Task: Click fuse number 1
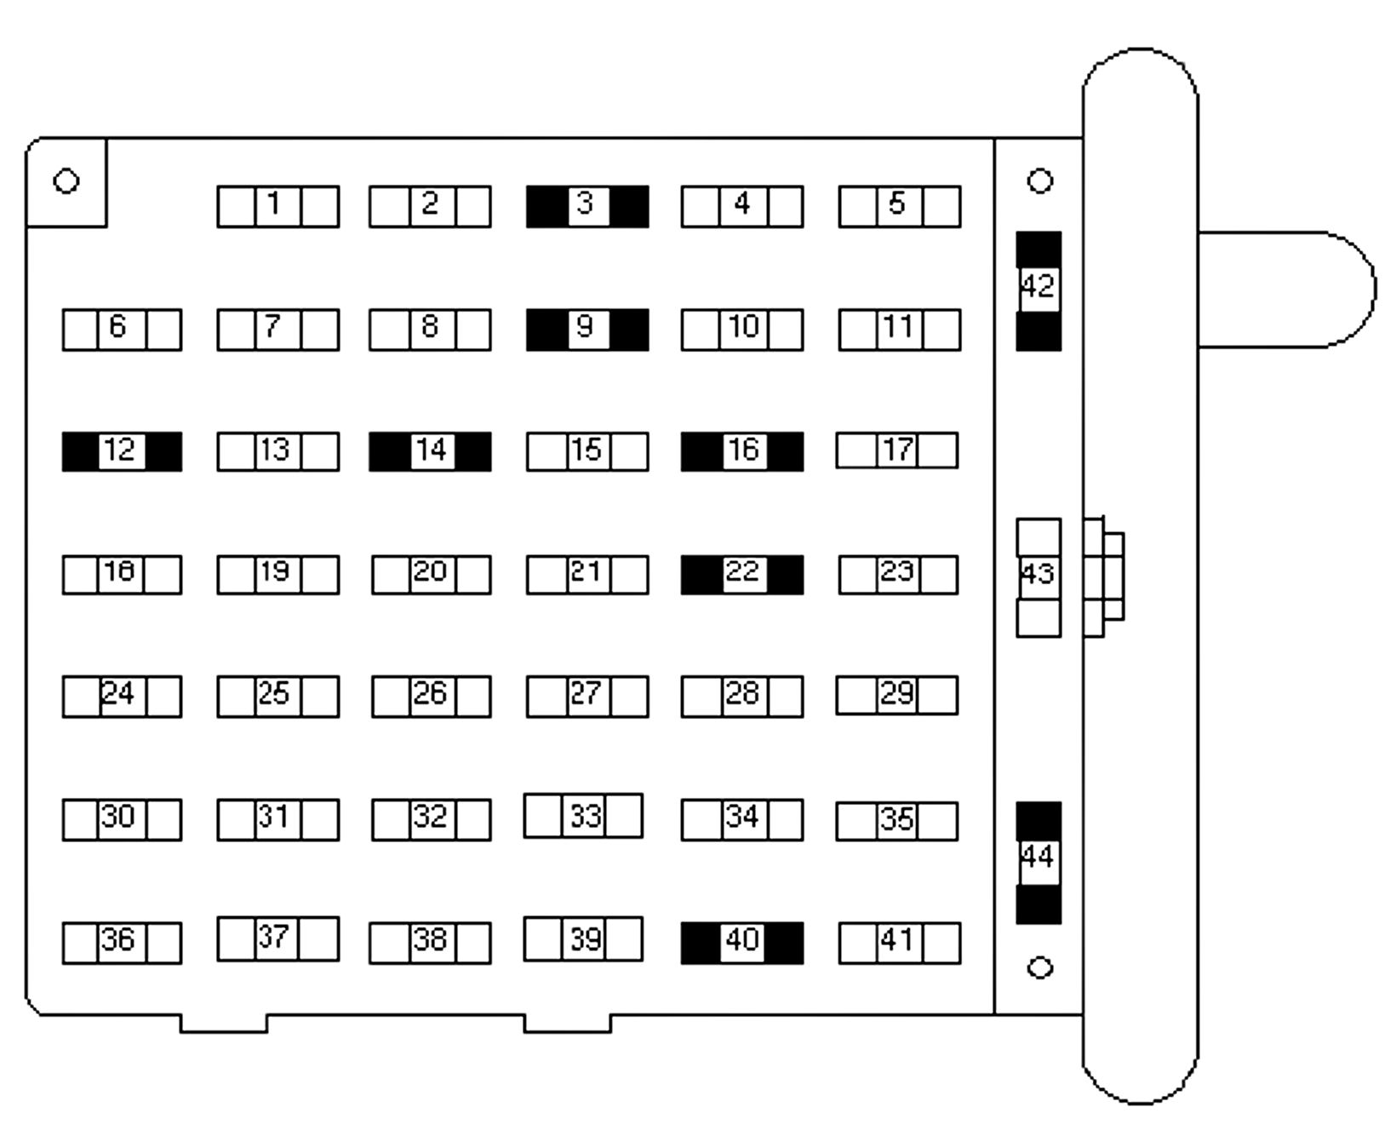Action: click(x=277, y=207)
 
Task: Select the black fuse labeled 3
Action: click(x=586, y=207)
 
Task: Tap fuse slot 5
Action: click(x=899, y=207)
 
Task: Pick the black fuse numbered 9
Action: click(x=586, y=330)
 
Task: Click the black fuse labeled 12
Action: click(x=122, y=451)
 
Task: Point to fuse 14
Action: click(x=430, y=451)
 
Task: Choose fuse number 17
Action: click(x=896, y=450)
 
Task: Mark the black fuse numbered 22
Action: click(x=741, y=575)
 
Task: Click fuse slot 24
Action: click(x=122, y=697)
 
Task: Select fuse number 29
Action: click(x=896, y=696)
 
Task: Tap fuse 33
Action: click(x=583, y=816)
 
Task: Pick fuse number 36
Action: click(x=122, y=943)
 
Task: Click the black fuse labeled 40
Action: click(x=741, y=943)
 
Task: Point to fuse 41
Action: click(x=899, y=943)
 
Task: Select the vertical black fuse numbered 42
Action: click(x=1038, y=290)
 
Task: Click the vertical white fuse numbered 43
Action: click(x=1038, y=577)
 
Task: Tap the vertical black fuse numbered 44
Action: click(x=1038, y=862)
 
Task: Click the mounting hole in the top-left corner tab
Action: click(x=66, y=181)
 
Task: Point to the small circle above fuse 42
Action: click(x=1039, y=181)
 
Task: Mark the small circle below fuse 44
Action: click(x=1039, y=968)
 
